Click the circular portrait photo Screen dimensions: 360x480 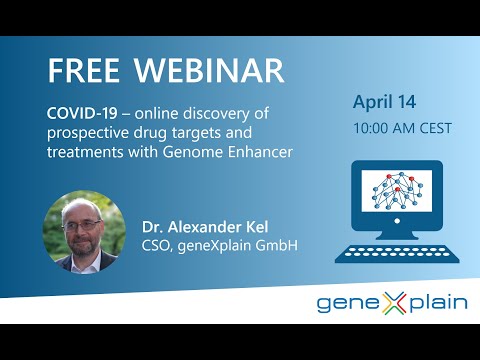coord(83,232)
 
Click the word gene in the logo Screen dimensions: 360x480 coord(341,305)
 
